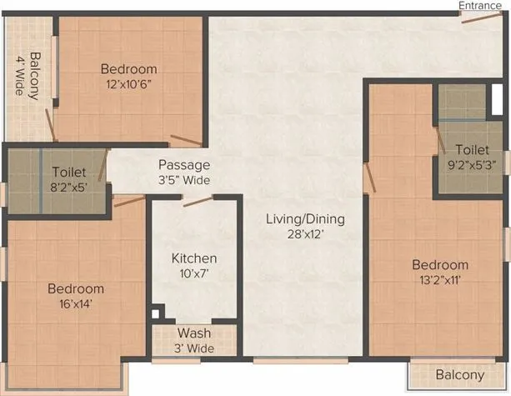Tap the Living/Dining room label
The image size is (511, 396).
[x=305, y=219]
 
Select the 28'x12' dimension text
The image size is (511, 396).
[x=305, y=235]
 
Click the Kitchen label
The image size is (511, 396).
[x=194, y=258]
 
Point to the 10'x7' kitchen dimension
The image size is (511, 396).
[x=194, y=273]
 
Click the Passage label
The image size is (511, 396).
[x=185, y=165]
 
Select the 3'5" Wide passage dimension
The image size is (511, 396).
[x=185, y=180]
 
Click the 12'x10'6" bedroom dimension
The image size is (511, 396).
[x=128, y=84]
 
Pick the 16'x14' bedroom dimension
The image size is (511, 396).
[x=75, y=304]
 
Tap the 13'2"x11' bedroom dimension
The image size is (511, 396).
[x=440, y=281]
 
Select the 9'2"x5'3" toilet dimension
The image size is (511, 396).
[x=473, y=166]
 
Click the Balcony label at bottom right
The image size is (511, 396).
[x=459, y=376]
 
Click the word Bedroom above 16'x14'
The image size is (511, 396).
[x=75, y=289]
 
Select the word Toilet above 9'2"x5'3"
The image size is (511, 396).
[x=472, y=151]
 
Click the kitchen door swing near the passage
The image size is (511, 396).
[x=198, y=202]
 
